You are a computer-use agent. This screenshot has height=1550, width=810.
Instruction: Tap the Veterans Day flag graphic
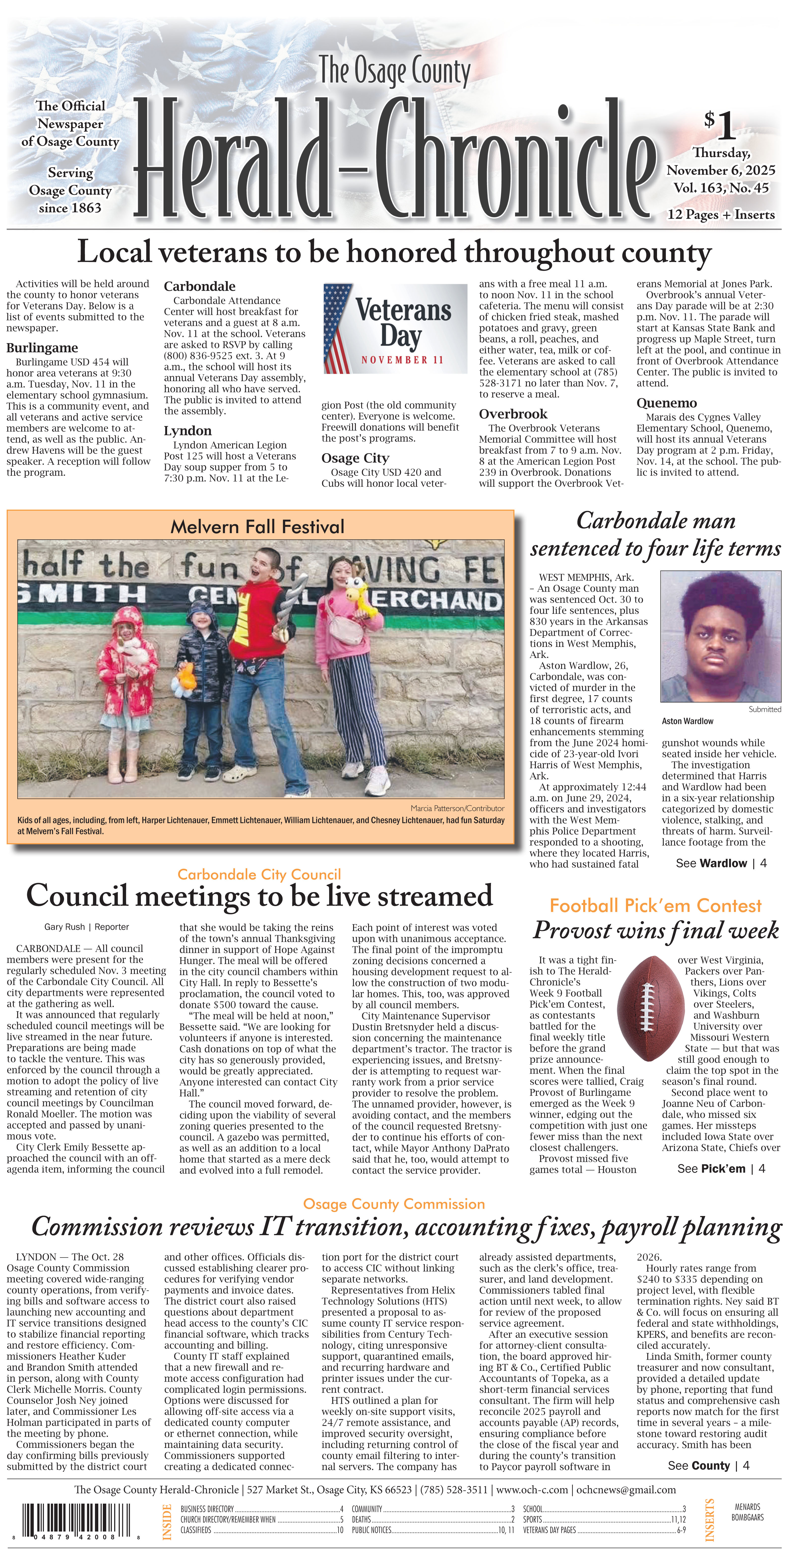click(x=395, y=328)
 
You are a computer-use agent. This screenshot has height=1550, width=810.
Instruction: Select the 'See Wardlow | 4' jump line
click(x=721, y=863)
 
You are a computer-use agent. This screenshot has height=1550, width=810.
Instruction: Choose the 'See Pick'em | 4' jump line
click(x=721, y=1169)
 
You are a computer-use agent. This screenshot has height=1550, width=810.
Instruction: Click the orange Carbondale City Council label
click(x=259, y=874)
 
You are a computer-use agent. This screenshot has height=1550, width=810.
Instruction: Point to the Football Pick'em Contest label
click(x=655, y=905)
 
